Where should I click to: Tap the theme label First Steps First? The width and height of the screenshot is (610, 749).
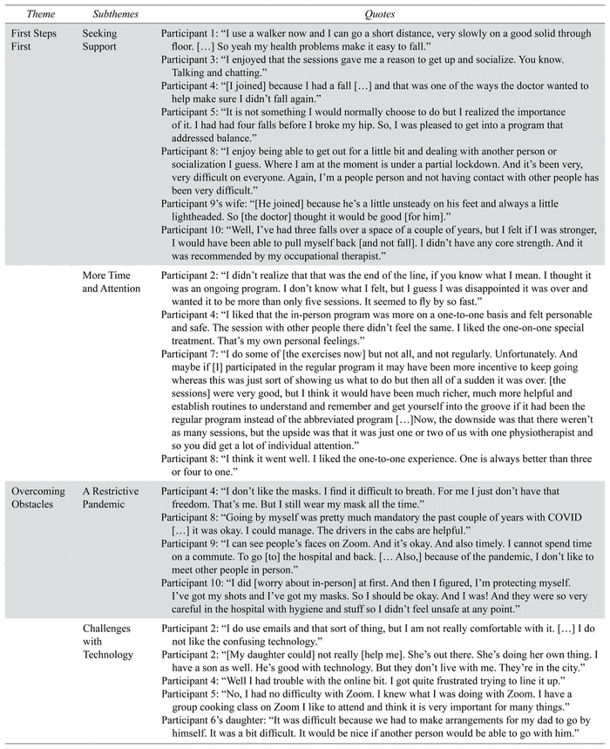34,40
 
